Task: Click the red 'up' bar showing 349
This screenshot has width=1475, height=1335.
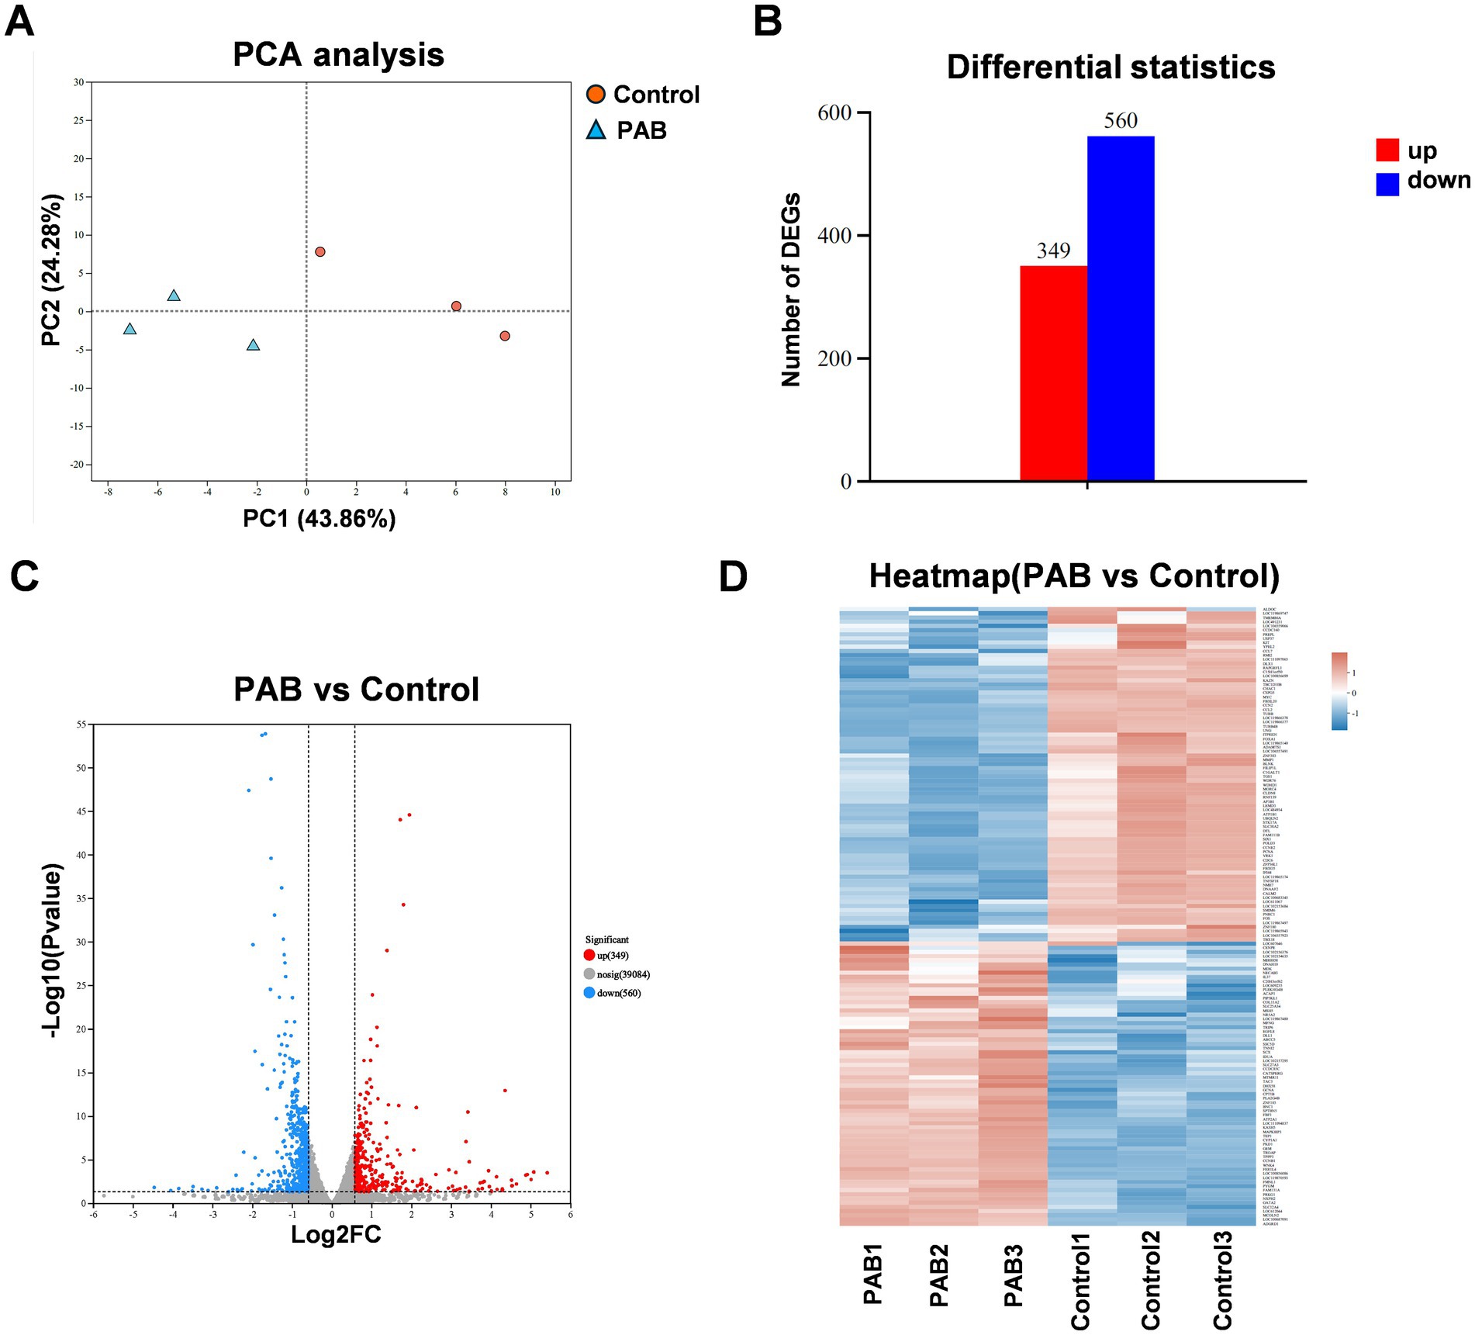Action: (x=1053, y=373)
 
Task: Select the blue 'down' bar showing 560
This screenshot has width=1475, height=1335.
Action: (x=1120, y=309)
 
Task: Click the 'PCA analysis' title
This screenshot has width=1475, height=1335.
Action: (x=338, y=55)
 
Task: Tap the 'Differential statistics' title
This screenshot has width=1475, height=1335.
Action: (x=1111, y=67)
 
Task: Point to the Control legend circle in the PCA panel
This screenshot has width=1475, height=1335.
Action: (x=596, y=95)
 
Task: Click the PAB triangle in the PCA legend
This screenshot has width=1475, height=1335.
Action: (x=596, y=130)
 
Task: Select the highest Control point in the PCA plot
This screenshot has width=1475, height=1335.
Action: (x=320, y=252)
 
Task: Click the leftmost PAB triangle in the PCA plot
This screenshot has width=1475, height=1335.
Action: (x=130, y=330)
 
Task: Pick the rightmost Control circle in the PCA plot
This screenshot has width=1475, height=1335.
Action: (x=505, y=336)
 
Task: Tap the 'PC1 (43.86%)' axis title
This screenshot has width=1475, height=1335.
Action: (x=320, y=518)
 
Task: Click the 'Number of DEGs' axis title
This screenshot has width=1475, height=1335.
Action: (x=790, y=290)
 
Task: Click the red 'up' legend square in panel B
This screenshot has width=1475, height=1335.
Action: (x=1387, y=150)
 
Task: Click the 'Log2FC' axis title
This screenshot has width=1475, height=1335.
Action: (x=336, y=1234)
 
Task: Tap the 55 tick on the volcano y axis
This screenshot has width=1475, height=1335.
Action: (x=81, y=725)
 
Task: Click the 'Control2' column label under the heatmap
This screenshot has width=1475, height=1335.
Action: (x=1151, y=1281)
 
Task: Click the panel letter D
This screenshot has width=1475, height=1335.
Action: (x=733, y=576)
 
